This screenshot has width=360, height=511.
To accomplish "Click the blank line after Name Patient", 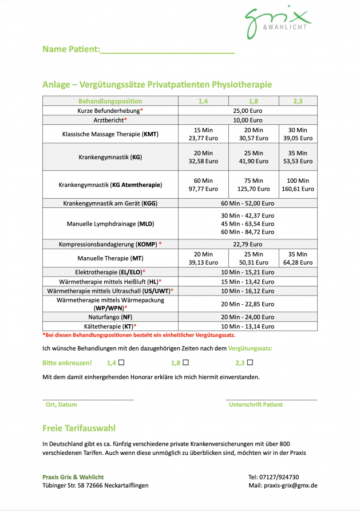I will [x=167, y=50].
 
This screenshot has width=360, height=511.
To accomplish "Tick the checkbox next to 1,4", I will [x=121, y=362].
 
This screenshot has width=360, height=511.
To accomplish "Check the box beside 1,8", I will [x=185, y=362].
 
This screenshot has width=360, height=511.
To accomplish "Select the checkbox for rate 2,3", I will [x=250, y=362].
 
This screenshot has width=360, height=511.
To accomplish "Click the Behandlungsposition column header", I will [x=110, y=101].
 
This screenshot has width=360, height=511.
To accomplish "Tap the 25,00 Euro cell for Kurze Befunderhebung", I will [x=247, y=111].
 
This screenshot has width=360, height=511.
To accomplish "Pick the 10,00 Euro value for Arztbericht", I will [x=247, y=120].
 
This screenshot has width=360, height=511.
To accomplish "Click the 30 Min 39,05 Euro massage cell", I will [x=298, y=134].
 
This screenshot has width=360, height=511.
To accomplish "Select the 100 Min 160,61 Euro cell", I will [x=298, y=184].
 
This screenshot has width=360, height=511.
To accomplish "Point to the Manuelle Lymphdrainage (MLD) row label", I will [x=110, y=223].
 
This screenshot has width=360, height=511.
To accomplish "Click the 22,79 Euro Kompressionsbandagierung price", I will [x=247, y=244].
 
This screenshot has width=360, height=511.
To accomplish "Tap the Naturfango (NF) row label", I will [x=110, y=317].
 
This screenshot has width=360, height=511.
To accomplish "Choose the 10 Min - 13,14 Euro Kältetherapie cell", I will [x=247, y=327].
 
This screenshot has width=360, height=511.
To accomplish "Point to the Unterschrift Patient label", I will [x=255, y=404].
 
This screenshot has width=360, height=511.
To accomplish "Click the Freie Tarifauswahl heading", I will [x=79, y=428].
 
